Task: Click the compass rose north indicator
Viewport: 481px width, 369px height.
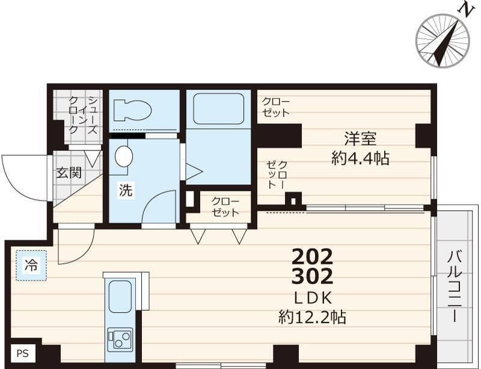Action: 443,40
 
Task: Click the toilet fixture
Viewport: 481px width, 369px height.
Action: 132,110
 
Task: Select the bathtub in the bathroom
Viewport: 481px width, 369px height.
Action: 218,108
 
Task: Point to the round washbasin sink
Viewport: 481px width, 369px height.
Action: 124,156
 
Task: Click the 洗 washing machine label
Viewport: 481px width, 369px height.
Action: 125,191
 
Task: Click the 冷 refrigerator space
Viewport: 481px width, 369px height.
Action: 30,264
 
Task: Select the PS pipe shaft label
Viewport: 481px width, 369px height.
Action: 22,354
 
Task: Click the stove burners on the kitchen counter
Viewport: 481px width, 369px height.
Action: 120,340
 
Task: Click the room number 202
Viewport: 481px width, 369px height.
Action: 312,257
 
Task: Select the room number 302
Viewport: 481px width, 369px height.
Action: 312,277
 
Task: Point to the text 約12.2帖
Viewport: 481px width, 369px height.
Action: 312,317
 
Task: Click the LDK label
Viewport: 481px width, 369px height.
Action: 313,297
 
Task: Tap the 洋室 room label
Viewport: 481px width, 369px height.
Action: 360,138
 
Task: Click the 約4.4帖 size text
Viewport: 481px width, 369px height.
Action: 360,158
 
